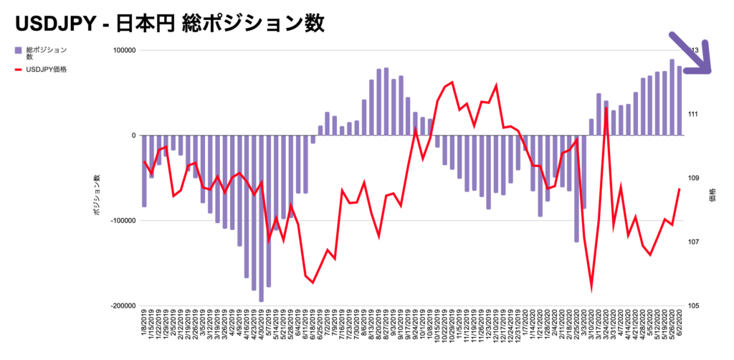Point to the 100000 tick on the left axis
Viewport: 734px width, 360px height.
122,51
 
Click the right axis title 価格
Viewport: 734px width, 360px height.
712,194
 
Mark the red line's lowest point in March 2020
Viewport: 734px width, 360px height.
592,286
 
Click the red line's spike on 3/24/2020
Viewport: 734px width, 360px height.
606,108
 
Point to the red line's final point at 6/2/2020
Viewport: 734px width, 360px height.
679,189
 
